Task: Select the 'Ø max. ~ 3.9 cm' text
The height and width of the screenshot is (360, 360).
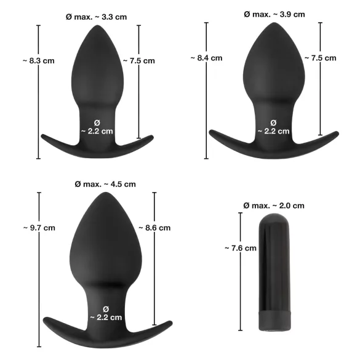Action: click(x=274, y=14)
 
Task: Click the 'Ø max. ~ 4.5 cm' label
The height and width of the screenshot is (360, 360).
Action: click(x=105, y=184)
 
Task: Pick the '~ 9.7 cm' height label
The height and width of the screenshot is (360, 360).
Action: click(x=39, y=228)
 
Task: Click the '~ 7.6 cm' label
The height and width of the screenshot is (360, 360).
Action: click(x=240, y=248)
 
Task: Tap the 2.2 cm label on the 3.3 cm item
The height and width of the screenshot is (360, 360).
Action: click(x=97, y=126)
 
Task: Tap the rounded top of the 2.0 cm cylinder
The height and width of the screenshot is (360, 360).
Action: click(x=273, y=219)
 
